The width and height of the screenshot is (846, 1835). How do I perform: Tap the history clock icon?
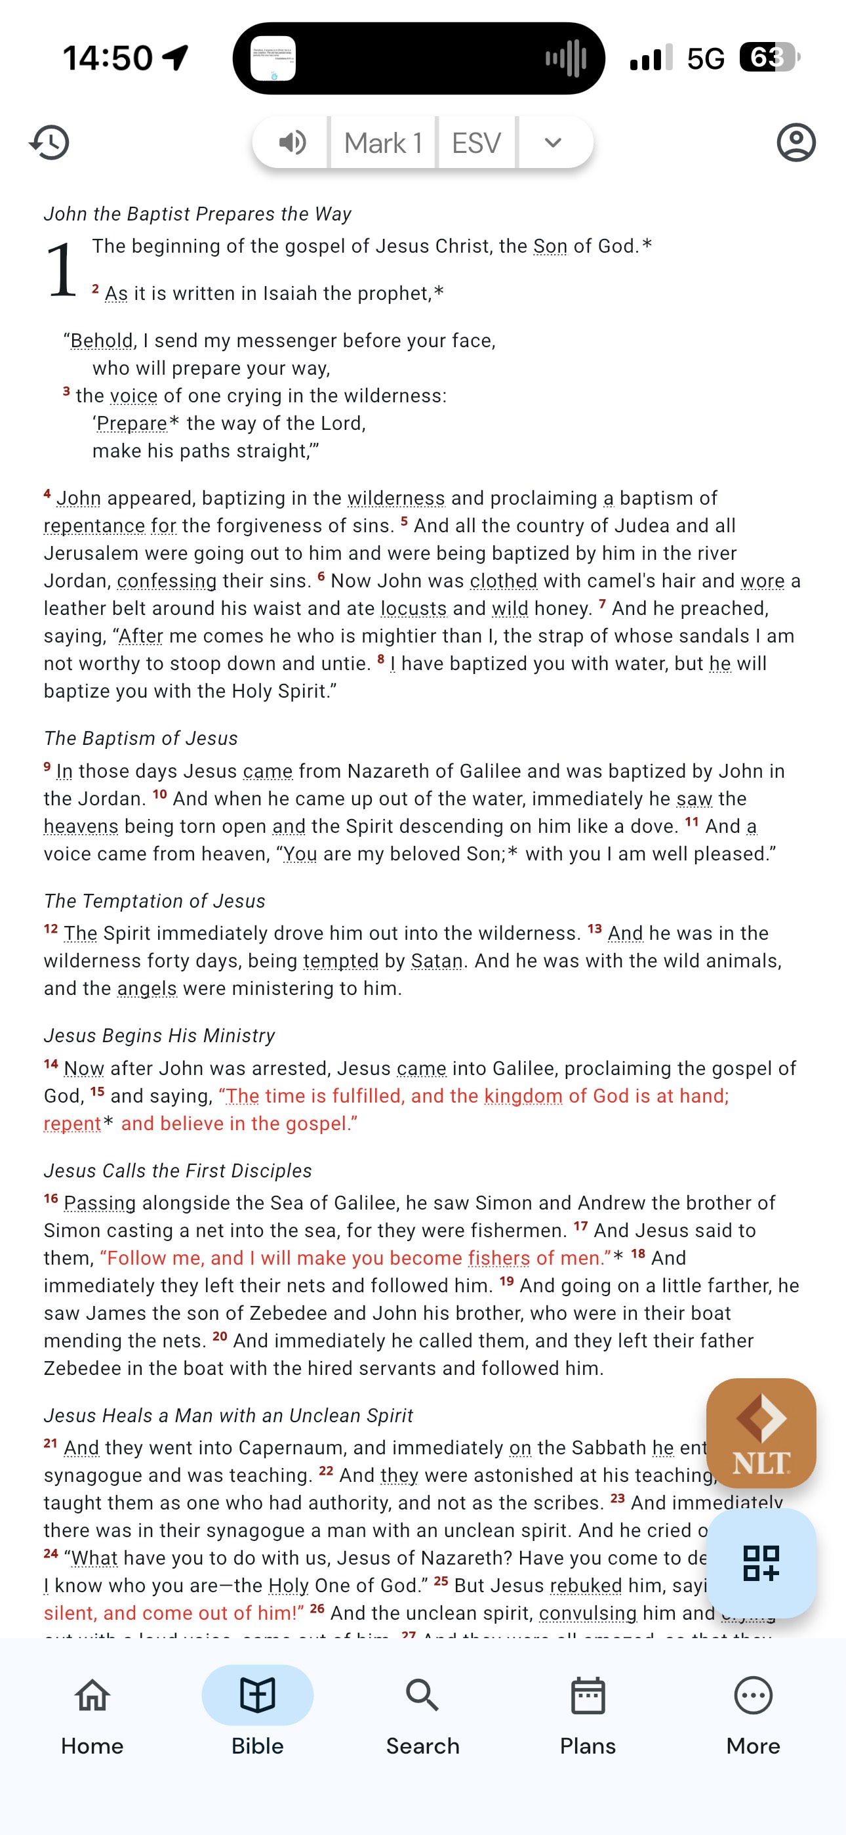click(49, 142)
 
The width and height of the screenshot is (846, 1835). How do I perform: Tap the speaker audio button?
click(292, 142)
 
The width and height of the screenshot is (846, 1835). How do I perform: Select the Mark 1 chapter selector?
click(383, 142)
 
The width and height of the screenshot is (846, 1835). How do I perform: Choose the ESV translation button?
click(476, 142)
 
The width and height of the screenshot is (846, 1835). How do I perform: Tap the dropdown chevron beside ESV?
click(554, 142)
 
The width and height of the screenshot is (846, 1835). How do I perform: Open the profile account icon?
click(796, 142)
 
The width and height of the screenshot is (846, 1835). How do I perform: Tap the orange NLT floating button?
click(761, 1433)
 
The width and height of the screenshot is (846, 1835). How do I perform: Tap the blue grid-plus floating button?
click(761, 1563)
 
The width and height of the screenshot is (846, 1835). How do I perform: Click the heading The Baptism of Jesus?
click(141, 738)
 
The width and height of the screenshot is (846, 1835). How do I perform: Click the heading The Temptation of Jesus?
click(155, 901)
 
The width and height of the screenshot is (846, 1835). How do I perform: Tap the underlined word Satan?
click(437, 961)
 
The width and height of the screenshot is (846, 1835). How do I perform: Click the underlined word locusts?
click(414, 608)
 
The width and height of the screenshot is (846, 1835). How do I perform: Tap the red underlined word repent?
click(72, 1124)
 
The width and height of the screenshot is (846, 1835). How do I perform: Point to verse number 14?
click(50, 1065)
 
